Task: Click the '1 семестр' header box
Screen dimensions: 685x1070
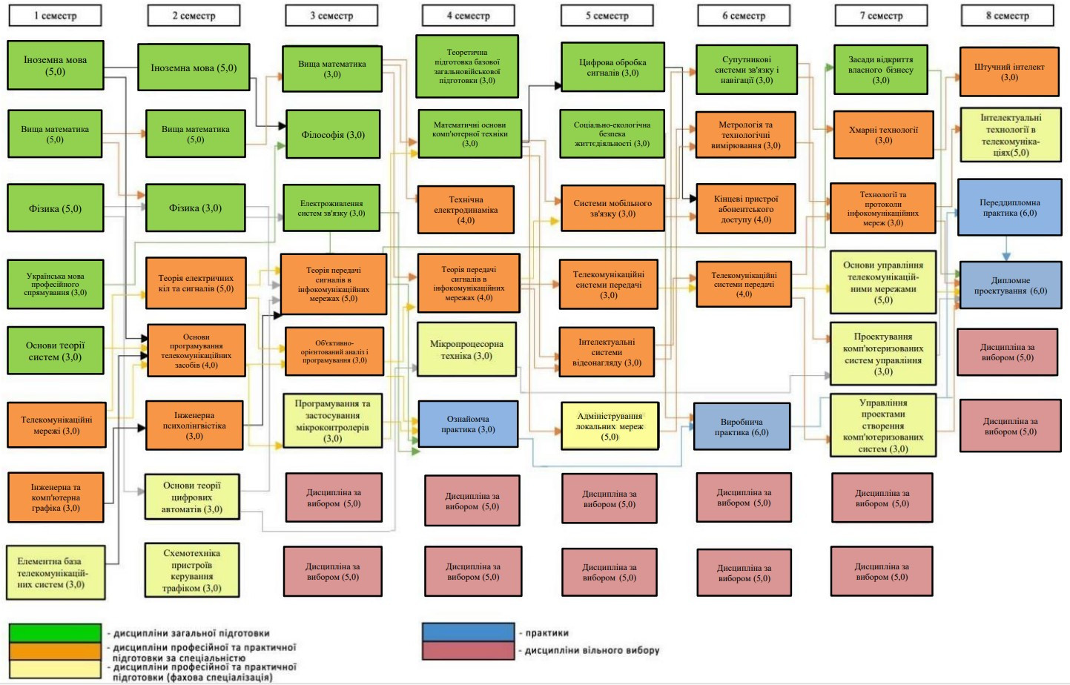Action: (56, 16)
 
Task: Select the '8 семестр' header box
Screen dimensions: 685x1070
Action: (1007, 16)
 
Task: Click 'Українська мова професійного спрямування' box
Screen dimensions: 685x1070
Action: (56, 285)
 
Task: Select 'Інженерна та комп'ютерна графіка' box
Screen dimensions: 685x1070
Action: (56, 497)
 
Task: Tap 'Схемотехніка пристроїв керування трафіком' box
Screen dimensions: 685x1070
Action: (192, 571)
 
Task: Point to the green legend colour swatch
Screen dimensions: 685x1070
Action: (55, 633)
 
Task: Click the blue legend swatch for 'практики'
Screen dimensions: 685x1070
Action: (468, 632)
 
